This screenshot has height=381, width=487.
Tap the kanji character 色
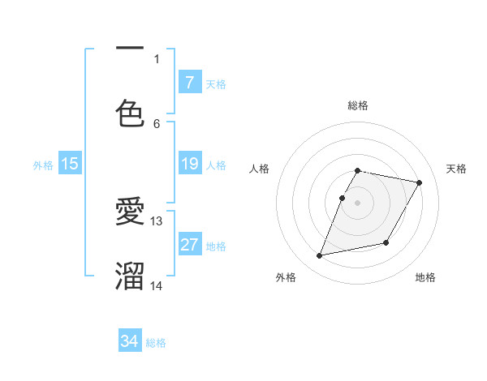click(130, 113)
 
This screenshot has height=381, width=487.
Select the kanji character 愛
click(130, 212)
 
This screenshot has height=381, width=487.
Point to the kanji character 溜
click(130, 276)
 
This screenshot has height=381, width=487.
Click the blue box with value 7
click(189, 83)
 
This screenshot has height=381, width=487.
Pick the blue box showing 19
click(189, 165)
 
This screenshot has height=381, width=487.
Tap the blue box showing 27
click(189, 246)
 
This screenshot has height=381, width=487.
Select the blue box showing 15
click(70, 165)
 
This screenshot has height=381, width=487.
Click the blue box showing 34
click(130, 342)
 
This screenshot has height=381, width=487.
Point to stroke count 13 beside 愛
click(157, 220)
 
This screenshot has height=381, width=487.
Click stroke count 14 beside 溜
click(157, 285)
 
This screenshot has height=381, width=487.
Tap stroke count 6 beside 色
click(157, 123)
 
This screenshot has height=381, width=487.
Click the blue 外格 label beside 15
click(43, 165)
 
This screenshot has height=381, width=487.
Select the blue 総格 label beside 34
click(156, 343)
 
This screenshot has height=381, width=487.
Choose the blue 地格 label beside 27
click(216, 246)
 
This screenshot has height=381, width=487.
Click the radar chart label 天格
click(456, 169)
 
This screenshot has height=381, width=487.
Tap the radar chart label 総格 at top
click(357, 105)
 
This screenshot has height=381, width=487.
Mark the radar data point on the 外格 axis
click(320, 256)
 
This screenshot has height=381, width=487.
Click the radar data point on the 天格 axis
click(420, 183)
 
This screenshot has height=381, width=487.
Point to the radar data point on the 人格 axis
click(343, 198)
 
